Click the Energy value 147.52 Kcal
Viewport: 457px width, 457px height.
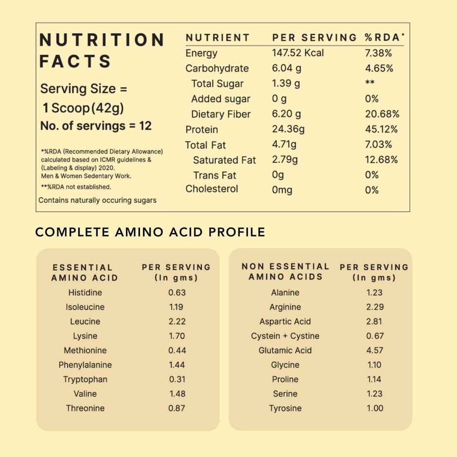coord(298,53)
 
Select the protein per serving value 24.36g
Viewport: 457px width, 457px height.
coord(288,129)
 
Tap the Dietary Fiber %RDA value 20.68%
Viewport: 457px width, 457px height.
coord(382,114)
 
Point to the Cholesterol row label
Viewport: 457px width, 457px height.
coord(212,189)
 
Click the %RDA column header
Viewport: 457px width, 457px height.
coord(385,37)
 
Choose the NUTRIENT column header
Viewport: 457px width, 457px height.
coord(218,37)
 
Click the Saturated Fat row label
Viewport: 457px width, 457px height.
coord(224,160)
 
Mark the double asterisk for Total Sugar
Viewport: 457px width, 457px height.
coord(369,84)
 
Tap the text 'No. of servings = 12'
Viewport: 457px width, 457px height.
coord(96,126)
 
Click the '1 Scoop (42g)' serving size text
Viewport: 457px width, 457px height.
coord(83,107)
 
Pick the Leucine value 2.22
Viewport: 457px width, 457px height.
coord(177,321)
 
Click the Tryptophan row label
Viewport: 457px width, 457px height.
coord(85,379)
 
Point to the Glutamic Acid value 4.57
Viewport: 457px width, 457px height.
coord(375,350)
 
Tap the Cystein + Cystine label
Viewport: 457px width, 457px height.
coord(285,336)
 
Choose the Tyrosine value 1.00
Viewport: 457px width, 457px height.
coord(375,408)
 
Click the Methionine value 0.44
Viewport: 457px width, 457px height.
coord(177,350)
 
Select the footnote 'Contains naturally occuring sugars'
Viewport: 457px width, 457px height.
coord(97,200)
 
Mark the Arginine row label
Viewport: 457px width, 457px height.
coord(285,307)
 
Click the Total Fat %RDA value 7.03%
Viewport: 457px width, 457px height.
coord(379,144)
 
